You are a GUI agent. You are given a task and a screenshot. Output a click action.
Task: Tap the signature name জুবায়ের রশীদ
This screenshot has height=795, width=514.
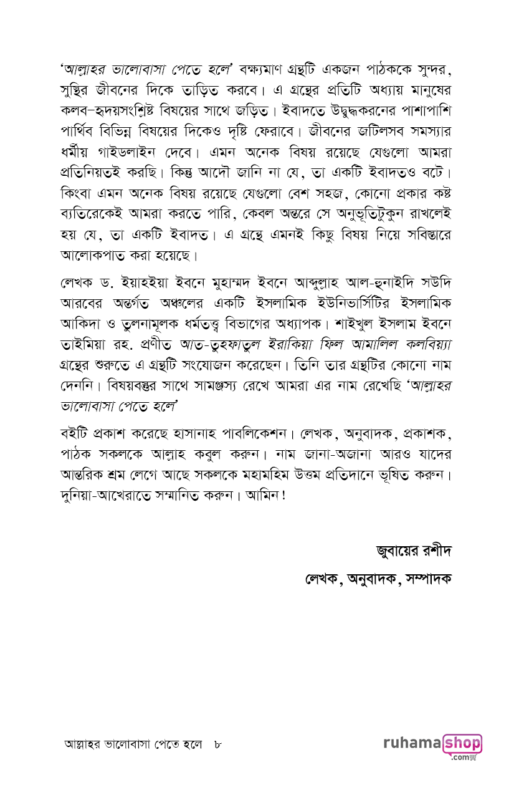[412, 551]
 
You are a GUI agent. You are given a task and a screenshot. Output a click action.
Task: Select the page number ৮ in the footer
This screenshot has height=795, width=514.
[218, 744]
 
